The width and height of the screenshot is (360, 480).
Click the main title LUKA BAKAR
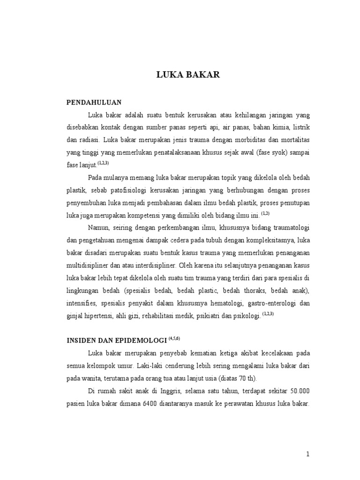pyautogui.click(x=187, y=75)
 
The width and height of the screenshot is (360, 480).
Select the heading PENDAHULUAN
pyautogui.click(x=94, y=102)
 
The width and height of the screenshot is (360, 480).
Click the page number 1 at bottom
pyautogui.click(x=308, y=454)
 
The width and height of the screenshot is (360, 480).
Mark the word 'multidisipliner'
pyautogui.click(x=89, y=266)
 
